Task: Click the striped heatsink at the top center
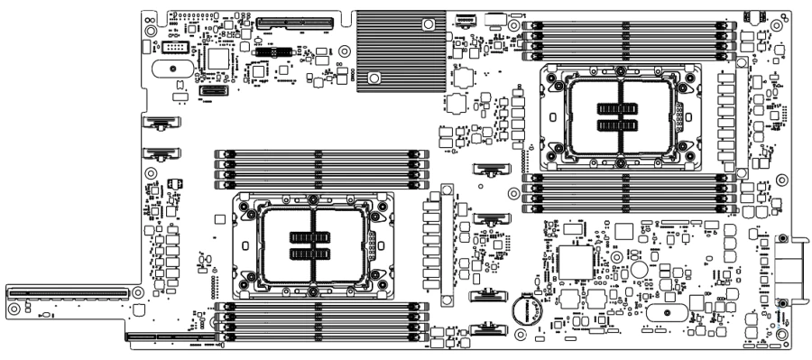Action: pos(401,50)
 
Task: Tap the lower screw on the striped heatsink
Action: pos(374,78)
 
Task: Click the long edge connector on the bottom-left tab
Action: pos(68,291)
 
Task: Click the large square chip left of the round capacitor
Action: pos(574,261)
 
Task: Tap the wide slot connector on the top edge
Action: pos(294,22)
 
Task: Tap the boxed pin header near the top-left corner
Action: pos(177,46)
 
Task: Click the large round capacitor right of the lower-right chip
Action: pos(640,269)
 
